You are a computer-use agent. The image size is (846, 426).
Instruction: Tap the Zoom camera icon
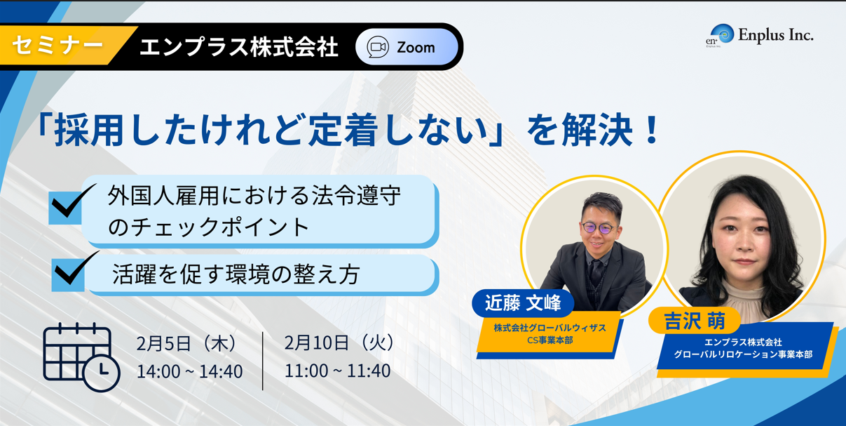[378, 47]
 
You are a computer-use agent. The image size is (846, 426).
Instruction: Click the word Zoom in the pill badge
[416, 48]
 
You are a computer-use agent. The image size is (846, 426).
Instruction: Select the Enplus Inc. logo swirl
[722, 34]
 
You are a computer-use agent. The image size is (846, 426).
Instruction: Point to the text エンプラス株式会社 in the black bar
[239, 48]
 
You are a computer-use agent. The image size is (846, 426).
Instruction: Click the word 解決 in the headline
[597, 130]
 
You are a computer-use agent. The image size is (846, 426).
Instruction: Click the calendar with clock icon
[81, 357]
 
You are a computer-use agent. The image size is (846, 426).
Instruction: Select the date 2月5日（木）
[186, 343]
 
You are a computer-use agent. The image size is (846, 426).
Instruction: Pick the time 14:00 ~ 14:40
[189, 371]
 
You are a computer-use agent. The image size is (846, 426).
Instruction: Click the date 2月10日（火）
[339, 342]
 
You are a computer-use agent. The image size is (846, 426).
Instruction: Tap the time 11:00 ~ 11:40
[337, 371]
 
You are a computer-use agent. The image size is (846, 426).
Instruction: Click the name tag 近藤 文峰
[523, 303]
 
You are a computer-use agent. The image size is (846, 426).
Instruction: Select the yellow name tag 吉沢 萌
[695, 321]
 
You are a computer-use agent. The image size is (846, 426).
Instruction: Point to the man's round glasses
[599, 228]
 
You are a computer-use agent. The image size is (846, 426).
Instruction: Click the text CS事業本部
[550, 340]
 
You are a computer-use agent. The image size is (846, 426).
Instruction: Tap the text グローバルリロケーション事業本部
[743, 354]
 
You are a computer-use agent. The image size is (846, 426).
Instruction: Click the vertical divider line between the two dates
[263, 361]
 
